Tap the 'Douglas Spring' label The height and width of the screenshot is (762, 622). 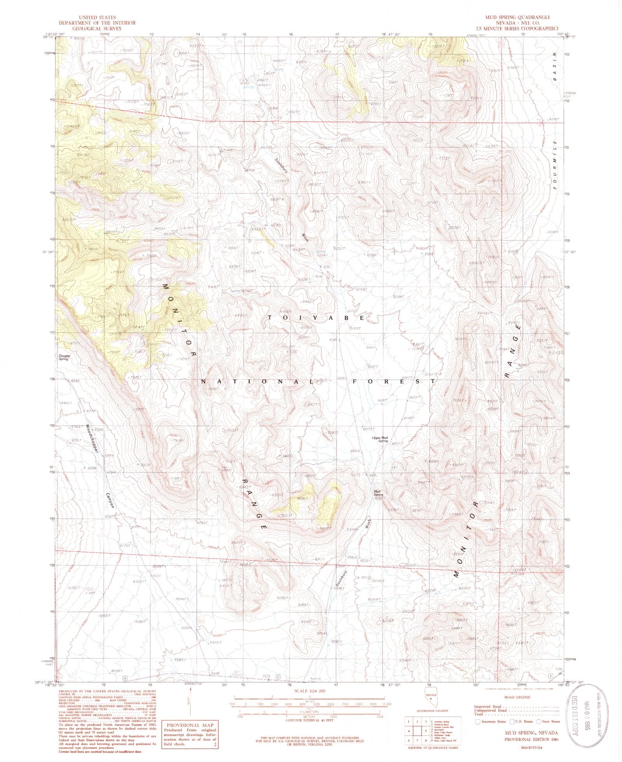pos(63,358)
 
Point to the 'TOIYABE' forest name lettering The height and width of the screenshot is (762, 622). pos(316,318)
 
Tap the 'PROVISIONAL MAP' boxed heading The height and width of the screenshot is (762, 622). pos(187,726)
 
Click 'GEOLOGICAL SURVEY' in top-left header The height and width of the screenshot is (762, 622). pos(96,28)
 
